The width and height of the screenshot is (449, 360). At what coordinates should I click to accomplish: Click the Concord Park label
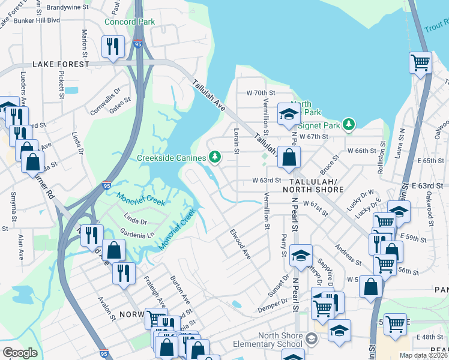(x=129, y=22)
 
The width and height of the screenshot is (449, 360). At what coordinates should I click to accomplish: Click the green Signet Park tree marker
(x=349, y=125)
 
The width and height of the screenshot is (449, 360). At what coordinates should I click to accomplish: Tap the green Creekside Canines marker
(x=215, y=158)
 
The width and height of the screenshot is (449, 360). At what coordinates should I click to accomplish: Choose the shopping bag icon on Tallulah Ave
(x=289, y=158)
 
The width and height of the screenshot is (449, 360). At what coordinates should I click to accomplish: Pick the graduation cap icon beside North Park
(x=289, y=114)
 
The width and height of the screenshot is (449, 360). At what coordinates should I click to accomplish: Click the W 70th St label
(x=260, y=93)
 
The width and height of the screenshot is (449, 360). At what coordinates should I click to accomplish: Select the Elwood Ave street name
(x=240, y=243)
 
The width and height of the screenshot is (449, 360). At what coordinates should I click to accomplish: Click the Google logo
(x=19, y=353)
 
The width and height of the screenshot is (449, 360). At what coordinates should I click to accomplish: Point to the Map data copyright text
(x=424, y=355)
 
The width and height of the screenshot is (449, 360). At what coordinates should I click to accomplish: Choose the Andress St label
(x=348, y=255)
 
